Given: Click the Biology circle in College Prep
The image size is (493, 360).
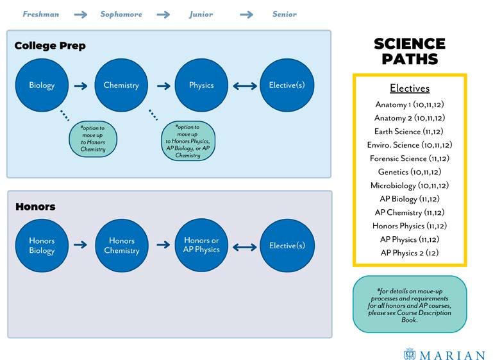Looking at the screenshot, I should [42, 85].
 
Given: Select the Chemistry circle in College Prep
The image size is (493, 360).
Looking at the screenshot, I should [121, 85].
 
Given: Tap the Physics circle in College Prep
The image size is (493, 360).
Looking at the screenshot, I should [201, 85].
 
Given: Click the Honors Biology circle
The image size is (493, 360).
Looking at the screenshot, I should [42, 245].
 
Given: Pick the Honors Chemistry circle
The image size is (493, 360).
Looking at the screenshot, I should [121, 245].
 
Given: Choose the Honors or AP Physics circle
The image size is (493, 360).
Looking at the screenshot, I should [201, 245].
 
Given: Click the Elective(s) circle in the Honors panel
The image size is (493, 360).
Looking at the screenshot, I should [287, 245].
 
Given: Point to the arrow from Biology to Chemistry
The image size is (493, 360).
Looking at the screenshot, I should [81, 85].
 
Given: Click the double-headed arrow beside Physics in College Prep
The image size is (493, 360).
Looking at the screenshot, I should [244, 85].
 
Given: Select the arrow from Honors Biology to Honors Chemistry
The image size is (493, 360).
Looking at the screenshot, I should [81, 245].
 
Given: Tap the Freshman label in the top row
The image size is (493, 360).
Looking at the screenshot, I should [41, 14].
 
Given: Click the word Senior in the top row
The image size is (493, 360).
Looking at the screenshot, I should [284, 14].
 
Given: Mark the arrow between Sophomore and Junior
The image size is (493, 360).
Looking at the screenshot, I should [163, 14].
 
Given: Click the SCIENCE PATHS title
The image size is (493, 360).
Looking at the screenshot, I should [409, 51].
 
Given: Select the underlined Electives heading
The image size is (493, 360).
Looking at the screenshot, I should [409, 89].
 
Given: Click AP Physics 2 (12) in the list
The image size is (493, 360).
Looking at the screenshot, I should [409, 253].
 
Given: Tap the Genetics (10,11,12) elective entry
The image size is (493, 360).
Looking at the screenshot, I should [409, 172].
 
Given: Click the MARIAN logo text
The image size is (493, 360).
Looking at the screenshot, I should [452, 355].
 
